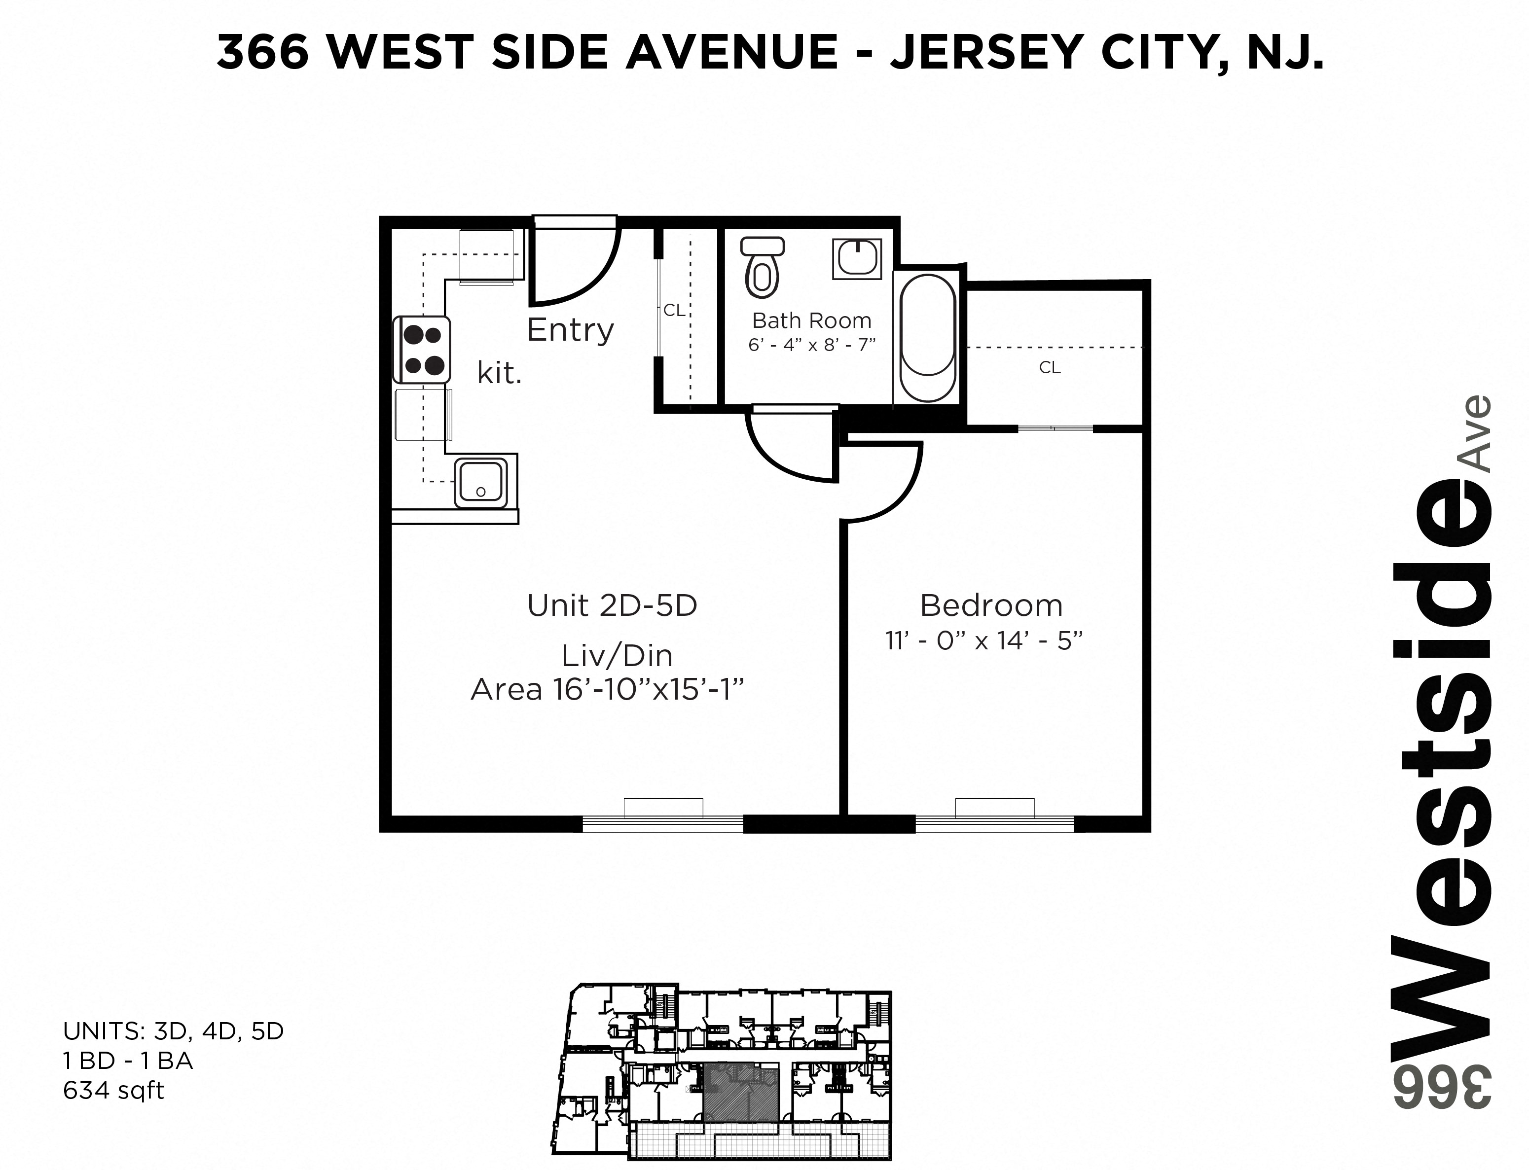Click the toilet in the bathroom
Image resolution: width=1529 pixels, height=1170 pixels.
click(762, 269)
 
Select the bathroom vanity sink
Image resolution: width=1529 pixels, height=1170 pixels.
click(856, 259)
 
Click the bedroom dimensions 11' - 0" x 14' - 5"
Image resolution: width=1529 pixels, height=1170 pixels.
click(983, 641)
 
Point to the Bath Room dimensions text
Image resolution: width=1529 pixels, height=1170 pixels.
click(811, 345)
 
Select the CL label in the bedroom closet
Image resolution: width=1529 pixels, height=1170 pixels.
click(1050, 368)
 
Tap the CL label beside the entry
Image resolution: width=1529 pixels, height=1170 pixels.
click(674, 311)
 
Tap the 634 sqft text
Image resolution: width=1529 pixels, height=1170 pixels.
click(113, 1090)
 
